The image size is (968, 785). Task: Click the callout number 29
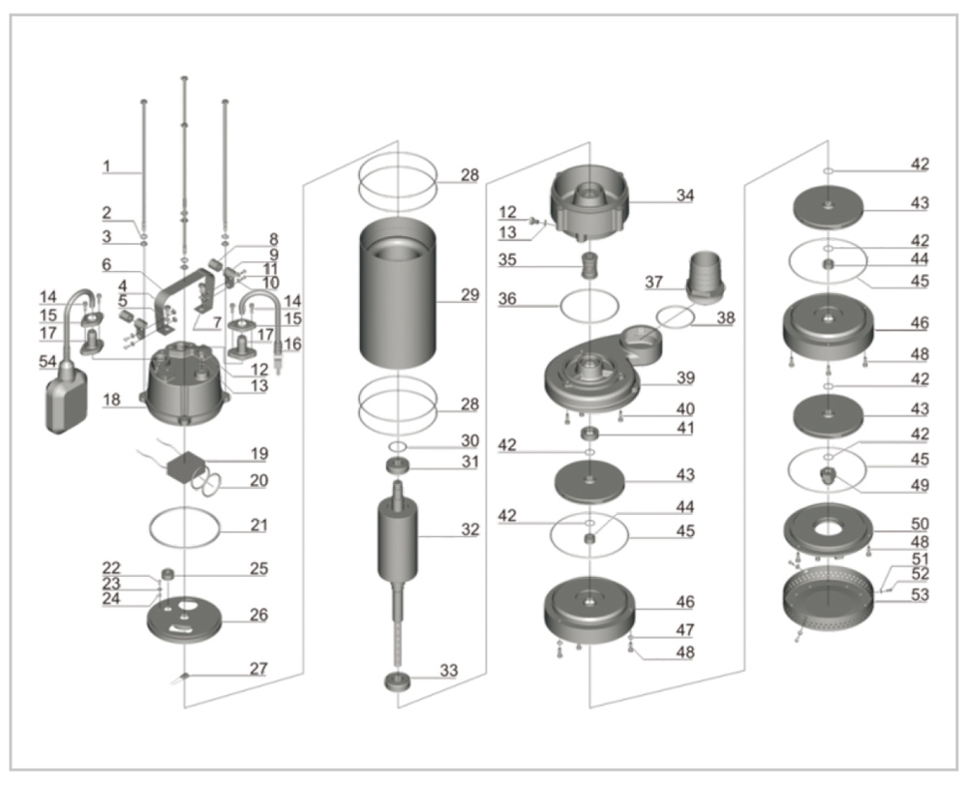(x=469, y=295)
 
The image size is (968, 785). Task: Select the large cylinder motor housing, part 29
(x=397, y=295)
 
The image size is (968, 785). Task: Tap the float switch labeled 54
(x=66, y=395)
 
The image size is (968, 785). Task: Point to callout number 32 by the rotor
(x=469, y=529)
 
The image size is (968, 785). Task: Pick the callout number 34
(x=685, y=196)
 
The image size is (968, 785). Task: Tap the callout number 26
(x=258, y=615)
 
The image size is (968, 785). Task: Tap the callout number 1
(x=108, y=166)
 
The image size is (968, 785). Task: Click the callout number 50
(x=919, y=524)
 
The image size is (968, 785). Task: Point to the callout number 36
(x=509, y=300)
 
